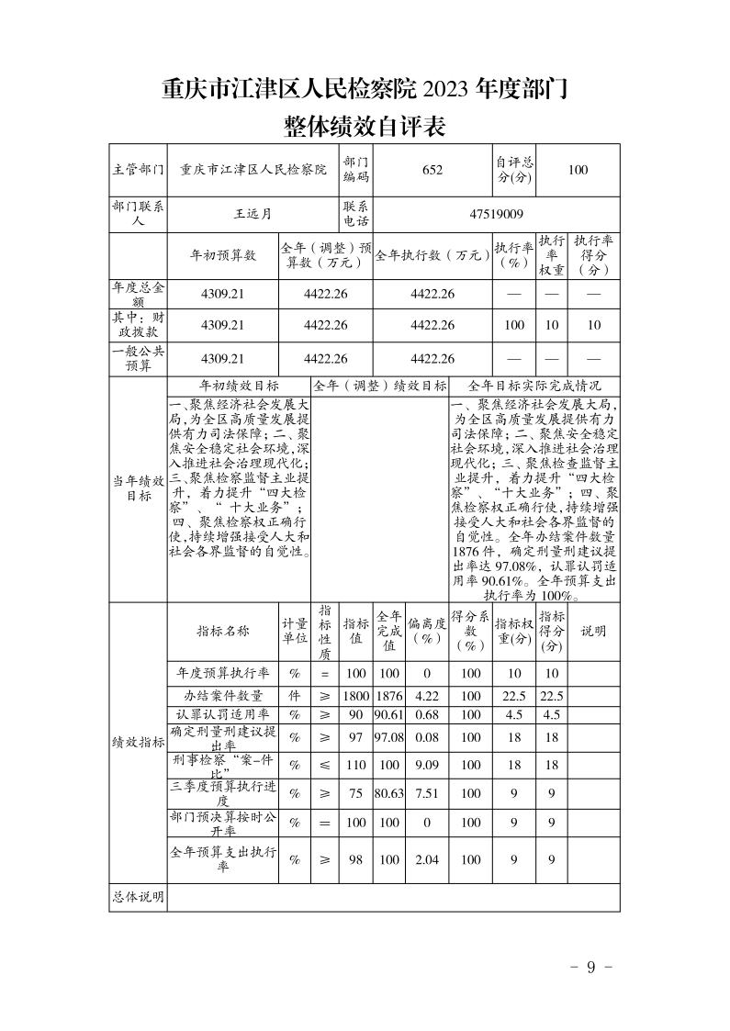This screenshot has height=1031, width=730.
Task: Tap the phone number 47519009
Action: click(496, 214)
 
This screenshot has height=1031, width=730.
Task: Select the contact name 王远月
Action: click(253, 214)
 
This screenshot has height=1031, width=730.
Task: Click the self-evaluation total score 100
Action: click(578, 170)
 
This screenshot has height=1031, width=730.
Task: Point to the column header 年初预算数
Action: click(222, 256)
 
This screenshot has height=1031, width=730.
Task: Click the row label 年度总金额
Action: click(138, 294)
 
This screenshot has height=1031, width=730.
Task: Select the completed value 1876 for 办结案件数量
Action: click(389, 695)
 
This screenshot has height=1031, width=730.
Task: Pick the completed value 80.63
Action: click(389, 793)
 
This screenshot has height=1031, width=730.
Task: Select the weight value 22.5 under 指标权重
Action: click(514, 695)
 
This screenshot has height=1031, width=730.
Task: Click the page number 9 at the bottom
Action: click(591, 967)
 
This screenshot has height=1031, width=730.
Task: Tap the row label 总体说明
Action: click(138, 897)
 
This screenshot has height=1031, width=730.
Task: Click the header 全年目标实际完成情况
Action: click(534, 387)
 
